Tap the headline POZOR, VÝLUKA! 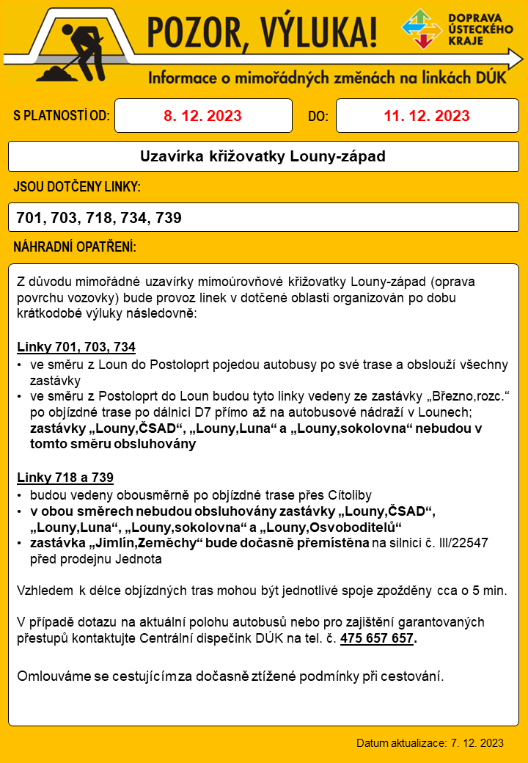tap(263, 31)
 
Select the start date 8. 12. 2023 tap(202, 116)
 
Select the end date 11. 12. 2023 tap(426, 116)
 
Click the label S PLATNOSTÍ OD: tap(62, 116)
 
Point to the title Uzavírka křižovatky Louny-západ tap(263, 156)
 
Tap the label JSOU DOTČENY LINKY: tap(77, 188)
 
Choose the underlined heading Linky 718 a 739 tap(65, 478)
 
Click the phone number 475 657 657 tap(377, 638)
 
